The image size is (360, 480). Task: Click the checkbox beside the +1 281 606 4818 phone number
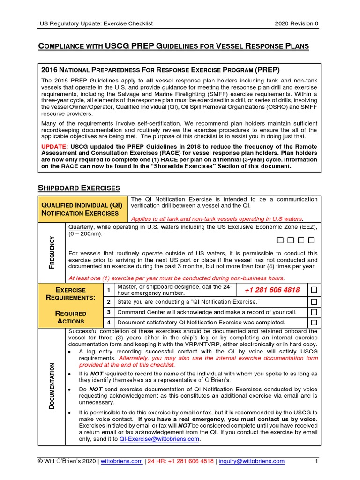point(314,290)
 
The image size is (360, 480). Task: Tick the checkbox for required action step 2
point(314,301)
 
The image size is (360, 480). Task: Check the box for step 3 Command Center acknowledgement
point(314,312)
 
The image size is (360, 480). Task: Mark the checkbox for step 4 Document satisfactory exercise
point(314,322)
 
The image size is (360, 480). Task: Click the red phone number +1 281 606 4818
point(272,290)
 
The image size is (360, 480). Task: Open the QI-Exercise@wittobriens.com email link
point(159,439)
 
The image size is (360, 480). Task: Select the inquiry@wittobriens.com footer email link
point(251,461)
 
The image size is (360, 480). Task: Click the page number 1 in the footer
point(316,461)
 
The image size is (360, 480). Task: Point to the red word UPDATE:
point(55,146)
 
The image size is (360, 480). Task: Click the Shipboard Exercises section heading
point(78,188)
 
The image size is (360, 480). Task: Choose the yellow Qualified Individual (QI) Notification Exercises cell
point(82,209)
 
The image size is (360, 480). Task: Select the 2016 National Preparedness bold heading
point(160,70)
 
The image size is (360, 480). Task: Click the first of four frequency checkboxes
point(280,240)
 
